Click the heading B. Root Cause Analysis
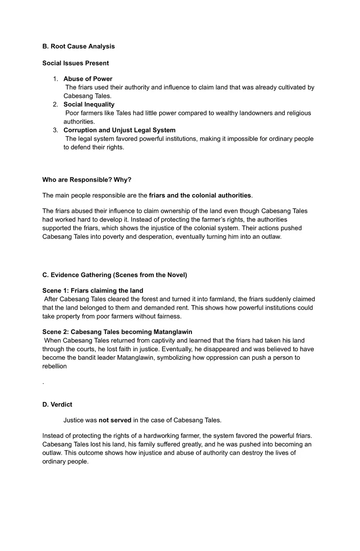pos(79,46)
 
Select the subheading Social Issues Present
pos(75,63)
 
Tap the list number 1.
pos(56,79)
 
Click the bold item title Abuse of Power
pos(88,79)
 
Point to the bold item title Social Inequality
pos(89,104)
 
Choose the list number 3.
pos(56,130)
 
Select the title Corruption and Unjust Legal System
pos(119,130)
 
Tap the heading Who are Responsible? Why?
pos(87,180)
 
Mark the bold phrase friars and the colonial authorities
pos(200,196)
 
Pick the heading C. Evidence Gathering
pos(115,275)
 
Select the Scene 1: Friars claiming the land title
pos(92,291)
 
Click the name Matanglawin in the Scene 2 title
pos(173,332)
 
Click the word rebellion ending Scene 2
pos(54,366)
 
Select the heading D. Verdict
pos(57,404)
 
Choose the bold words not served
pos(115,420)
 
